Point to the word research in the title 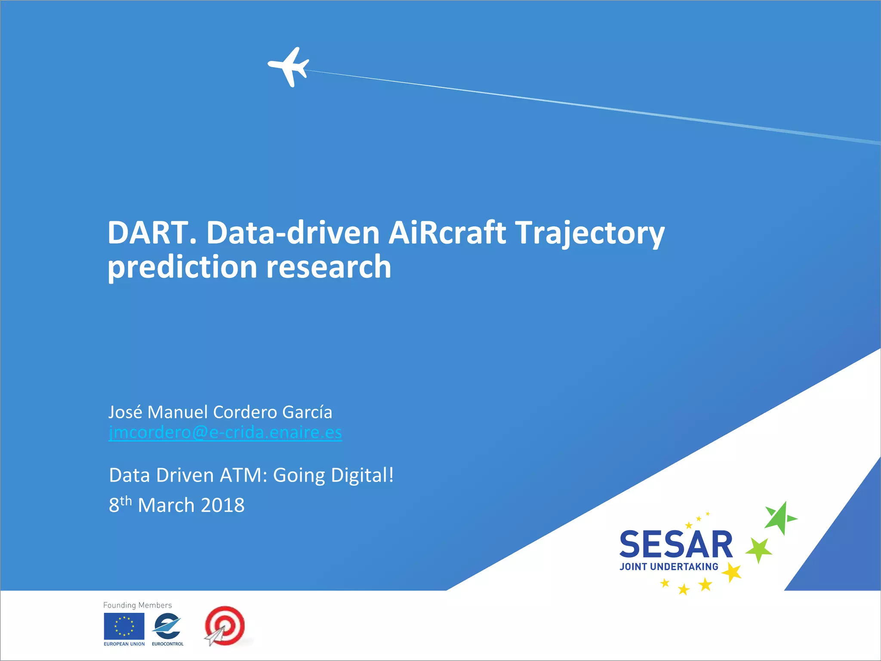click(329, 267)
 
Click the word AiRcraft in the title click(447, 233)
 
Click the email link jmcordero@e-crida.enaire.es click(225, 432)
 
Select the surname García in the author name click(307, 412)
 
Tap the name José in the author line click(125, 412)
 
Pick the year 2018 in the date click(222, 505)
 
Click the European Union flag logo click(124, 626)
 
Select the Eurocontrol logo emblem click(167, 626)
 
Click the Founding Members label click(137, 605)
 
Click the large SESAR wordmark click(676, 545)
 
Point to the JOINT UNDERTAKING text click(669, 567)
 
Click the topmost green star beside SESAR click(780, 518)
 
